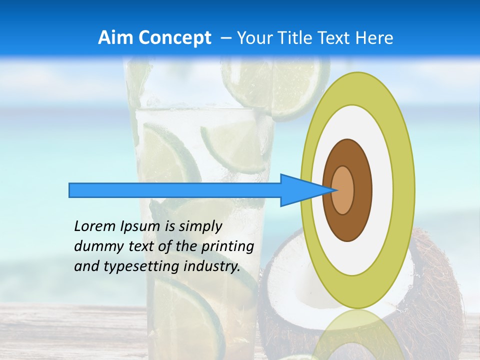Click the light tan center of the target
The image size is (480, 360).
point(343,190)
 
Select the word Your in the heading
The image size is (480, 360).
point(254,38)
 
